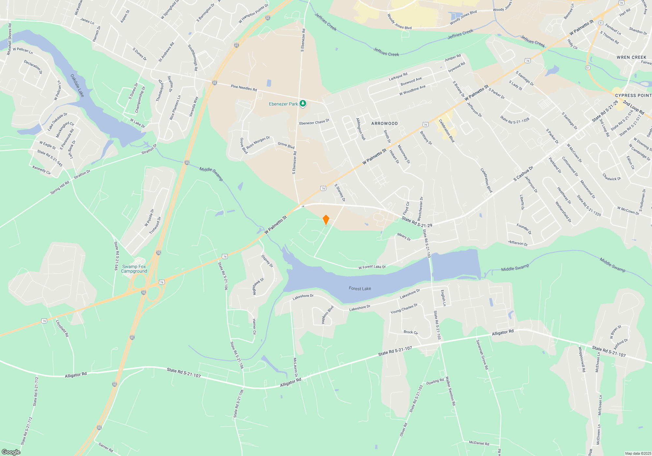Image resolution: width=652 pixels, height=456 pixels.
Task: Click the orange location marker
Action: tap(326, 220)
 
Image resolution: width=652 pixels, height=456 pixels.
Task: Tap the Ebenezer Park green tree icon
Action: tap(303, 104)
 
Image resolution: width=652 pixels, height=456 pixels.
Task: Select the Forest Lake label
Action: tap(360, 289)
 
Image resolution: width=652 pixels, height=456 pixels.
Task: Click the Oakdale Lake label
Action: tap(78, 85)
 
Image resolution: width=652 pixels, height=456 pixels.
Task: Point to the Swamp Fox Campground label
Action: tap(134, 269)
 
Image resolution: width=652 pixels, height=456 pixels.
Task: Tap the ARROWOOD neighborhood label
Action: tap(384, 123)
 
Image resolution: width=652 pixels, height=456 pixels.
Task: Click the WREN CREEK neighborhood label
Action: tap(631, 57)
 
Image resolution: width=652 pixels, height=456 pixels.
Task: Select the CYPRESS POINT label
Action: tap(633, 95)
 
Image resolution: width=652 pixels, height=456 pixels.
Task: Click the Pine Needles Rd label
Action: tap(244, 88)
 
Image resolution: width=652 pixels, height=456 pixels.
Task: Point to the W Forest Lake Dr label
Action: tap(372, 267)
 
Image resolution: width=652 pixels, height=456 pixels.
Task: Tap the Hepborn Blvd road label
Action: tap(328, 315)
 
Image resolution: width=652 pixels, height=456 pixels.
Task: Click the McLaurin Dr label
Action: tap(295, 367)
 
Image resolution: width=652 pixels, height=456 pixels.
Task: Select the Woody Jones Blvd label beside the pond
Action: tap(463, 18)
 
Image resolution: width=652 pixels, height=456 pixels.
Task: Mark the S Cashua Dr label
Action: tap(523, 174)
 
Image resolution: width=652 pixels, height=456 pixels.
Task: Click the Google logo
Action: tap(11, 452)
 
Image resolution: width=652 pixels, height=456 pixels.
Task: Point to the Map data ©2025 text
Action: tap(638, 453)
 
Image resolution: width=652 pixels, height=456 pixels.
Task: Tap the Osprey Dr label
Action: tap(267, 261)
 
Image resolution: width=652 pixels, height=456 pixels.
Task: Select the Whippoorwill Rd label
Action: tap(582, 359)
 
